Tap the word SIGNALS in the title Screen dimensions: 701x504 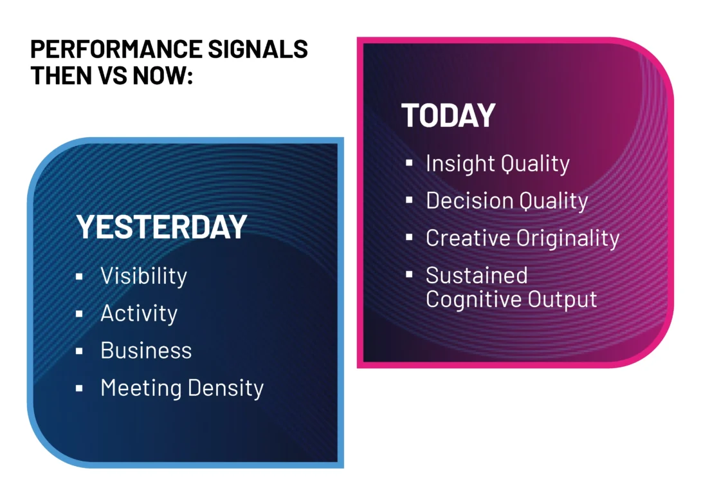pos(258,49)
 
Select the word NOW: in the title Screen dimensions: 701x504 pos(163,75)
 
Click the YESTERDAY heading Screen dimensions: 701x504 pos(161,227)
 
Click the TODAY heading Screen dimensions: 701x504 pos(448,115)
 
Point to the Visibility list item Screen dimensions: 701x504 pos(143,275)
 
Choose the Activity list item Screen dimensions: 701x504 pos(139,313)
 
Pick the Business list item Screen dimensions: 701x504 pos(146,350)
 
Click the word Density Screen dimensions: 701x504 pos(226,388)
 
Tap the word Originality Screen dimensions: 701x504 pos(568,238)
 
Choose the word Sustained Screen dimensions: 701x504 pos(477,275)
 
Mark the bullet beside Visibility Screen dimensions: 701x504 pos(79,277)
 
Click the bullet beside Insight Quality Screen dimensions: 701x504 pos(409,163)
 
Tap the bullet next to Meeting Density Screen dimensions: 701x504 pos(79,389)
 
